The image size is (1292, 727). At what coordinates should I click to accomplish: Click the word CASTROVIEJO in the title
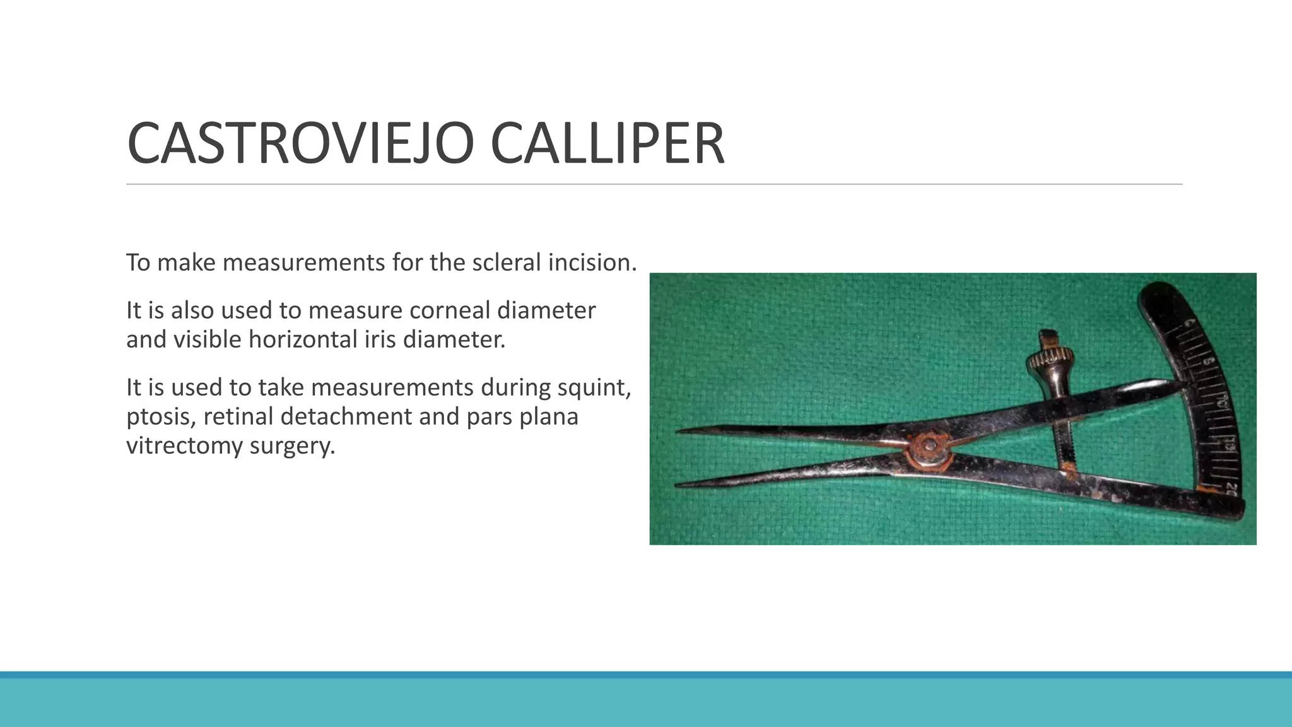(x=300, y=144)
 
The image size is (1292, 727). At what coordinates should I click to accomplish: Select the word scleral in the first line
(x=507, y=263)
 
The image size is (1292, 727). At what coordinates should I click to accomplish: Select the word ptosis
(x=158, y=417)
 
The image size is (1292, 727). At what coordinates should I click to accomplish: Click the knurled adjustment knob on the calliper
(x=1043, y=362)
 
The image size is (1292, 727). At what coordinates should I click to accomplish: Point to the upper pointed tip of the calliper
(x=679, y=432)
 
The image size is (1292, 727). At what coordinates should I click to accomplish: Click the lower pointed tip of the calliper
(x=679, y=485)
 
